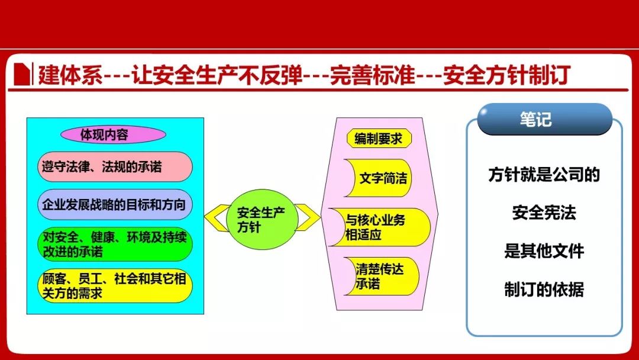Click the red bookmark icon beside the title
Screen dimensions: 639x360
coord(22,74)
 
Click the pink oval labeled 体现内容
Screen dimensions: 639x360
coord(113,134)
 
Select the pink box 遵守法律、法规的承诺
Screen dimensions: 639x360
coord(115,167)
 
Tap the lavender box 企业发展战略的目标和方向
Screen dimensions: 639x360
coord(115,204)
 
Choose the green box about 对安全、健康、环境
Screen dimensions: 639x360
coord(115,244)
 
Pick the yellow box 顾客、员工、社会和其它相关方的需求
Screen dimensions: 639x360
coord(115,286)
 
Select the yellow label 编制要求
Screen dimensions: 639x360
coord(379,139)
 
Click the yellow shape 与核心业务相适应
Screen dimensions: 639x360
coord(379,227)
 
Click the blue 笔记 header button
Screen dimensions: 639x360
coord(545,119)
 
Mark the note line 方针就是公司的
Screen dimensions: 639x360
coord(544,175)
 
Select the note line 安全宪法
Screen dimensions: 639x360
coord(544,213)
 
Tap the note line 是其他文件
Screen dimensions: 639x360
coord(544,250)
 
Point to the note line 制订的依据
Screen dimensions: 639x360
coord(544,289)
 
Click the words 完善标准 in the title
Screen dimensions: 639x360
coord(372,75)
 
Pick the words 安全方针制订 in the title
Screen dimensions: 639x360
coord(506,75)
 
